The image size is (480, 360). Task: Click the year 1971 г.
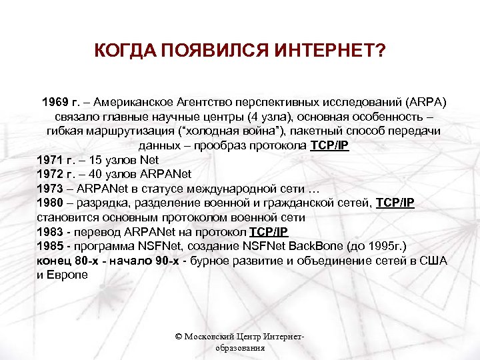tap(56, 160)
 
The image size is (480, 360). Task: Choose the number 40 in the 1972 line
tap(99, 175)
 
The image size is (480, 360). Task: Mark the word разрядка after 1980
tap(102, 203)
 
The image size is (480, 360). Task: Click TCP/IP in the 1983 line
tap(269, 232)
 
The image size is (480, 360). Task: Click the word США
tap(432, 261)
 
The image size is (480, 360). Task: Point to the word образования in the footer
tap(240, 348)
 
